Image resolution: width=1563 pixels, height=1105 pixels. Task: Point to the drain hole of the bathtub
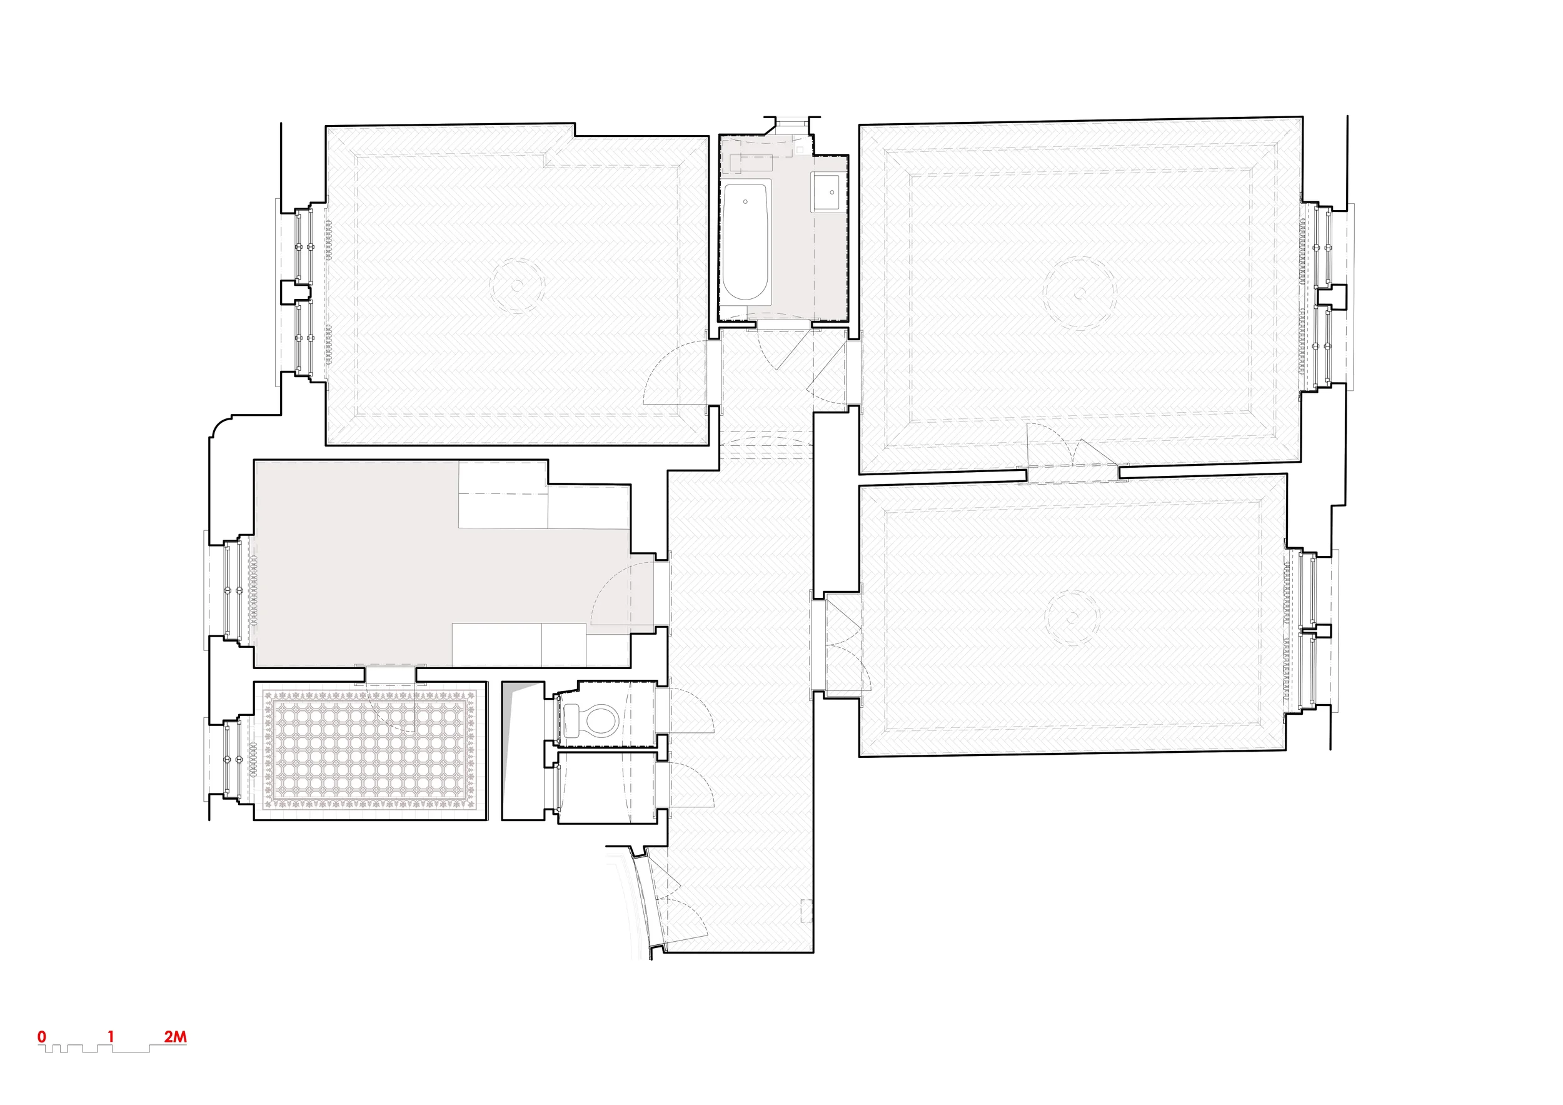(745, 201)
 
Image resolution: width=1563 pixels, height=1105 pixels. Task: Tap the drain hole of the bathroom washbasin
(832, 192)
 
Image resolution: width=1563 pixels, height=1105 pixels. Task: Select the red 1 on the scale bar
(110, 1036)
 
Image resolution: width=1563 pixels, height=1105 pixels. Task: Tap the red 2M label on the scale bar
(175, 1036)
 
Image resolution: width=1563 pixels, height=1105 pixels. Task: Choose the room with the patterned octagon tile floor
(371, 750)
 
